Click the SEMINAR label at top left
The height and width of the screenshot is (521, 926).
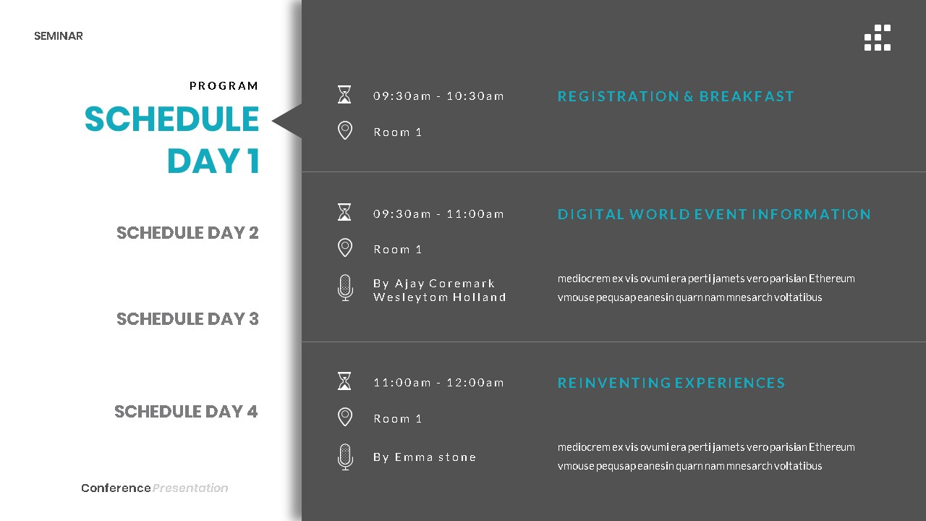58,36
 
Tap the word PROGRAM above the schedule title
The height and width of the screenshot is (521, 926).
224,86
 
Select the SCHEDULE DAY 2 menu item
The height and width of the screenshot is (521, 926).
187,233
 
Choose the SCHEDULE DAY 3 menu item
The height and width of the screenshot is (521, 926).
187,319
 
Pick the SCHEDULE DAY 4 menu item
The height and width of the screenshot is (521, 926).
186,412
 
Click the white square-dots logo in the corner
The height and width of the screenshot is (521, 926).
878,38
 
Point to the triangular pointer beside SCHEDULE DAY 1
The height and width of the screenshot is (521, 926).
288,121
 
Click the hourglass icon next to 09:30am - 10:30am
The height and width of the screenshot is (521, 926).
344,95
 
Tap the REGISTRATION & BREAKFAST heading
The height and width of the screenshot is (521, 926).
676,96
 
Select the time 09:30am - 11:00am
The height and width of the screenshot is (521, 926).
438,214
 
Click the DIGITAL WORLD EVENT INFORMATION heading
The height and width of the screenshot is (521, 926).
714,214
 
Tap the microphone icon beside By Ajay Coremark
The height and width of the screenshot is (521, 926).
345,288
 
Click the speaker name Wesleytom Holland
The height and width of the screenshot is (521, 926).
439,297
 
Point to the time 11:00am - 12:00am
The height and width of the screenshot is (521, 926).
438,383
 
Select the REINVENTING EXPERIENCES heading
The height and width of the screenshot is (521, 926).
671,383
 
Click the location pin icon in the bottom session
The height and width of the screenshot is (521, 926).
345,417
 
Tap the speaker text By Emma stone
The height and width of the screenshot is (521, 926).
425,457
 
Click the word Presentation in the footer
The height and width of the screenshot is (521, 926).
190,488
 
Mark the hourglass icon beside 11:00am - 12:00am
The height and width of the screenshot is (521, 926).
344,381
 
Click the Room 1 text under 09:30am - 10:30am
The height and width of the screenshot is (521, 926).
397,132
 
